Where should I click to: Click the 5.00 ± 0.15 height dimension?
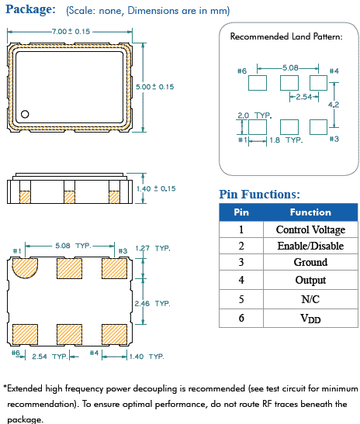point(155,87)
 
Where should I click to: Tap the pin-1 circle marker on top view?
point(25,114)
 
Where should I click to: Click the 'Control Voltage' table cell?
point(310,229)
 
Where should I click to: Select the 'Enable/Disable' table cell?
point(310,246)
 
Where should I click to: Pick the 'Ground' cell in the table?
point(310,264)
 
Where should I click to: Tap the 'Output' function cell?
point(310,281)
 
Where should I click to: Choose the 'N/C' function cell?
point(310,298)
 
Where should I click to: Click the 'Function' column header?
point(310,212)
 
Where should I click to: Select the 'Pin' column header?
point(241,212)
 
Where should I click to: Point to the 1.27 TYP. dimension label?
point(152,249)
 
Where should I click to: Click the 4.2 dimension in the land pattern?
point(334,104)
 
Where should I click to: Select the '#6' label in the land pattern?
point(241,71)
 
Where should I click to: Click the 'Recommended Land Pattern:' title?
point(286,36)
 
